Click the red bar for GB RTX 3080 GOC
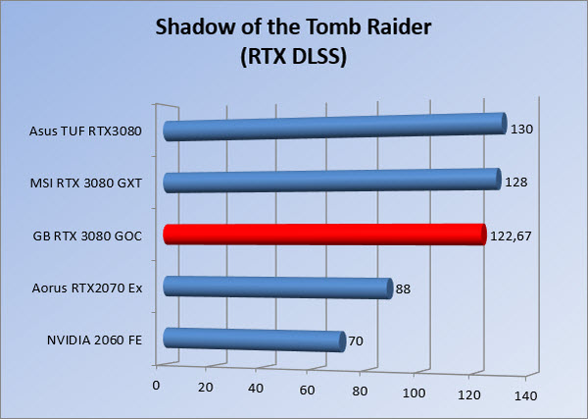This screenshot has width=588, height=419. [324, 235]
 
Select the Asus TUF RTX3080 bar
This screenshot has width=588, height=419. [335, 127]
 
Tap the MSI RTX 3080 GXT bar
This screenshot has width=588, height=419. [332, 181]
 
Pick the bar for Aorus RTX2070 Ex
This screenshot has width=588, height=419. [278, 288]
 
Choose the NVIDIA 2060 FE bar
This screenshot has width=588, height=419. [254, 340]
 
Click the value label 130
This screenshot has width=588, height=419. [521, 130]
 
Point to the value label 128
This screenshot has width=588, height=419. [516, 183]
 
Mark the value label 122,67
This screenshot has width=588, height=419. [511, 236]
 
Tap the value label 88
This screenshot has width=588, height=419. [403, 289]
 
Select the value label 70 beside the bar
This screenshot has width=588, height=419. [356, 340]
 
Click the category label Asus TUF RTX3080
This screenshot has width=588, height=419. [85, 131]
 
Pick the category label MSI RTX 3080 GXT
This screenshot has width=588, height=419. [86, 183]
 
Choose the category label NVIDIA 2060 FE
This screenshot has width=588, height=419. [94, 340]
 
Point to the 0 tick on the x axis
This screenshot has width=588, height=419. [156, 386]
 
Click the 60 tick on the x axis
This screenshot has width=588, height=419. [307, 391]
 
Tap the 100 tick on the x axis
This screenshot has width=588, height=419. [414, 393]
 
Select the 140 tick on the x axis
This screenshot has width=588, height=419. [525, 396]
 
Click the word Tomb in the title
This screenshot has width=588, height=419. [333, 27]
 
